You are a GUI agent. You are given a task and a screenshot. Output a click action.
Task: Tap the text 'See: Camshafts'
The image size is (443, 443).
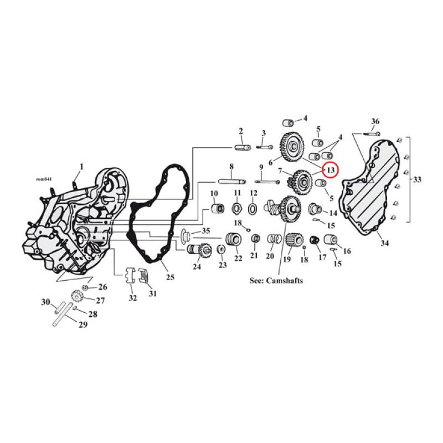[276, 281]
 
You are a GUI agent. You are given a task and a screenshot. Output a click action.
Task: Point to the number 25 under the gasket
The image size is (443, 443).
[170, 276]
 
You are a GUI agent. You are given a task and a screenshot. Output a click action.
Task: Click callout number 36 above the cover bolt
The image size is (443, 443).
[375, 121]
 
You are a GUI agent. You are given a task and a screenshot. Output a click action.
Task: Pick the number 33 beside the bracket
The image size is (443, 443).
[416, 179]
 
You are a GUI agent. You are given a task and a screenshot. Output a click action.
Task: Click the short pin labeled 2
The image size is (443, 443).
[243, 147]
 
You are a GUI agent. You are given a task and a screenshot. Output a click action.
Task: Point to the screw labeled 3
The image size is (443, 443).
[264, 148]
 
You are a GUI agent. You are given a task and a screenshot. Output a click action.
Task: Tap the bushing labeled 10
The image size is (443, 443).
[217, 209]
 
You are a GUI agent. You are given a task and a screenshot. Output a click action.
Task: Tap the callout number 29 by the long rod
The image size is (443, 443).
[83, 325]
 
